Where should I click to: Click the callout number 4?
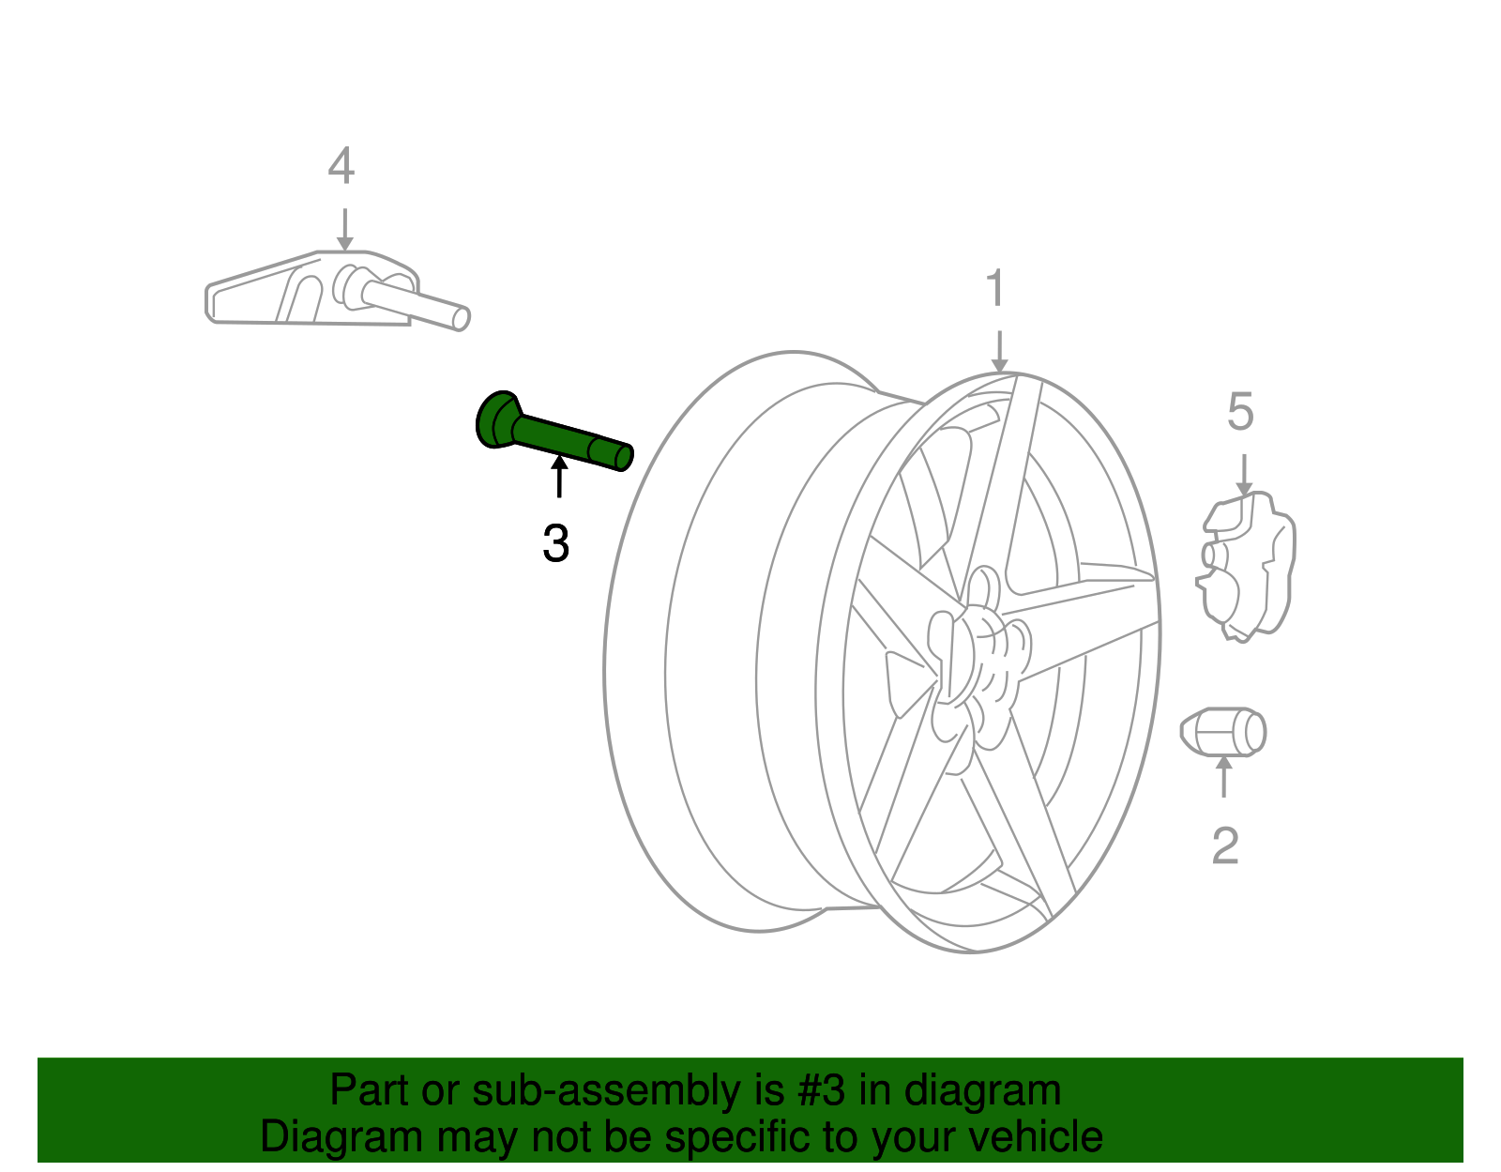pyautogui.click(x=341, y=166)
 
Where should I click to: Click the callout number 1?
pyautogui.click(x=995, y=288)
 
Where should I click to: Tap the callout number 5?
pyautogui.click(x=1240, y=412)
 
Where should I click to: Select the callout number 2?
pyautogui.click(x=1225, y=845)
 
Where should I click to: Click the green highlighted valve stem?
pyautogui.click(x=554, y=433)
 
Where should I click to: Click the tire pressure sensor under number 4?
pyautogui.click(x=338, y=290)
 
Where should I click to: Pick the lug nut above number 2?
pyautogui.click(x=1223, y=732)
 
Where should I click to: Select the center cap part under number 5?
pyautogui.click(x=1246, y=567)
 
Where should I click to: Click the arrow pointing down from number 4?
pyautogui.click(x=344, y=229)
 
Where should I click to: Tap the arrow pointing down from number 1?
pyautogui.click(x=999, y=352)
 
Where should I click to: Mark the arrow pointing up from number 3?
pyautogui.click(x=559, y=477)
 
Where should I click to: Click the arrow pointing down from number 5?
pyautogui.click(x=1244, y=475)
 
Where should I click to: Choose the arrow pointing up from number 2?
pyautogui.click(x=1224, y=777)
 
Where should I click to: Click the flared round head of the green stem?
pyautogui.click(x=496, y=419)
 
